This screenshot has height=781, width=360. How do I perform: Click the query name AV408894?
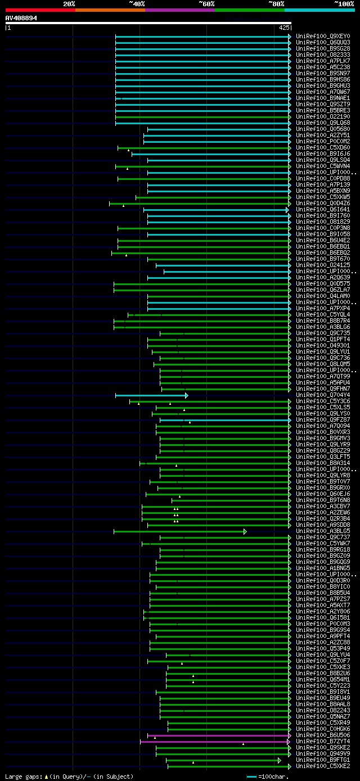point(21,18)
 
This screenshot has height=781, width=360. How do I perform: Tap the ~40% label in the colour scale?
point(137,3)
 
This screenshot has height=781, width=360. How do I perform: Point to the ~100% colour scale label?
point(344,3)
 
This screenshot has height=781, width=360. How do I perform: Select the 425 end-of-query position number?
point(284,27)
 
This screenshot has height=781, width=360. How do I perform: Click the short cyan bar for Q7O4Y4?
point(150,395)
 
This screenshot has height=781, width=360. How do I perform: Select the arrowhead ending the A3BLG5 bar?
point(245,531)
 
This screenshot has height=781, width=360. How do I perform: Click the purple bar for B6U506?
point(219,735)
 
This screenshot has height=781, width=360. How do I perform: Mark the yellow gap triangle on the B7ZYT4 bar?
point(244,743)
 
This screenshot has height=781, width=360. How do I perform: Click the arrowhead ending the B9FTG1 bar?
point(279,760)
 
